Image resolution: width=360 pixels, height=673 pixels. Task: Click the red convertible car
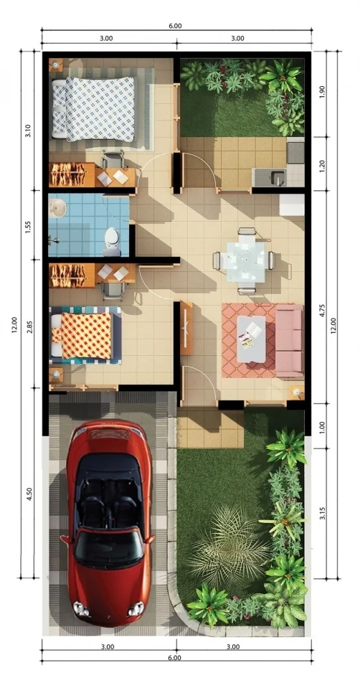pyautogui.click(x=108, y=524)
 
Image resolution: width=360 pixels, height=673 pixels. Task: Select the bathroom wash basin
pyautogui.click(x=57, y=209)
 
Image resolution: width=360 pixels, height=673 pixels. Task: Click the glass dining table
pyautogui.click(x=246, y=261)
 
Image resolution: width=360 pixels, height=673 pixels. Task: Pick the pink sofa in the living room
pyautogui.click(x=289, y=340)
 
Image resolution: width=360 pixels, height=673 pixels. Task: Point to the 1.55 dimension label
pyautogui.click(x=28, y=226)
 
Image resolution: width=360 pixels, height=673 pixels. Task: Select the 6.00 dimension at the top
pyautogui.click(x=175, y=26)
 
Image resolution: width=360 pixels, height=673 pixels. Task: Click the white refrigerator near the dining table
pyautogui.click(x=292, y=205)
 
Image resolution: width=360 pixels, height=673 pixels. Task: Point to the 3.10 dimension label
pyautogui.click(x=28, y=131)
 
